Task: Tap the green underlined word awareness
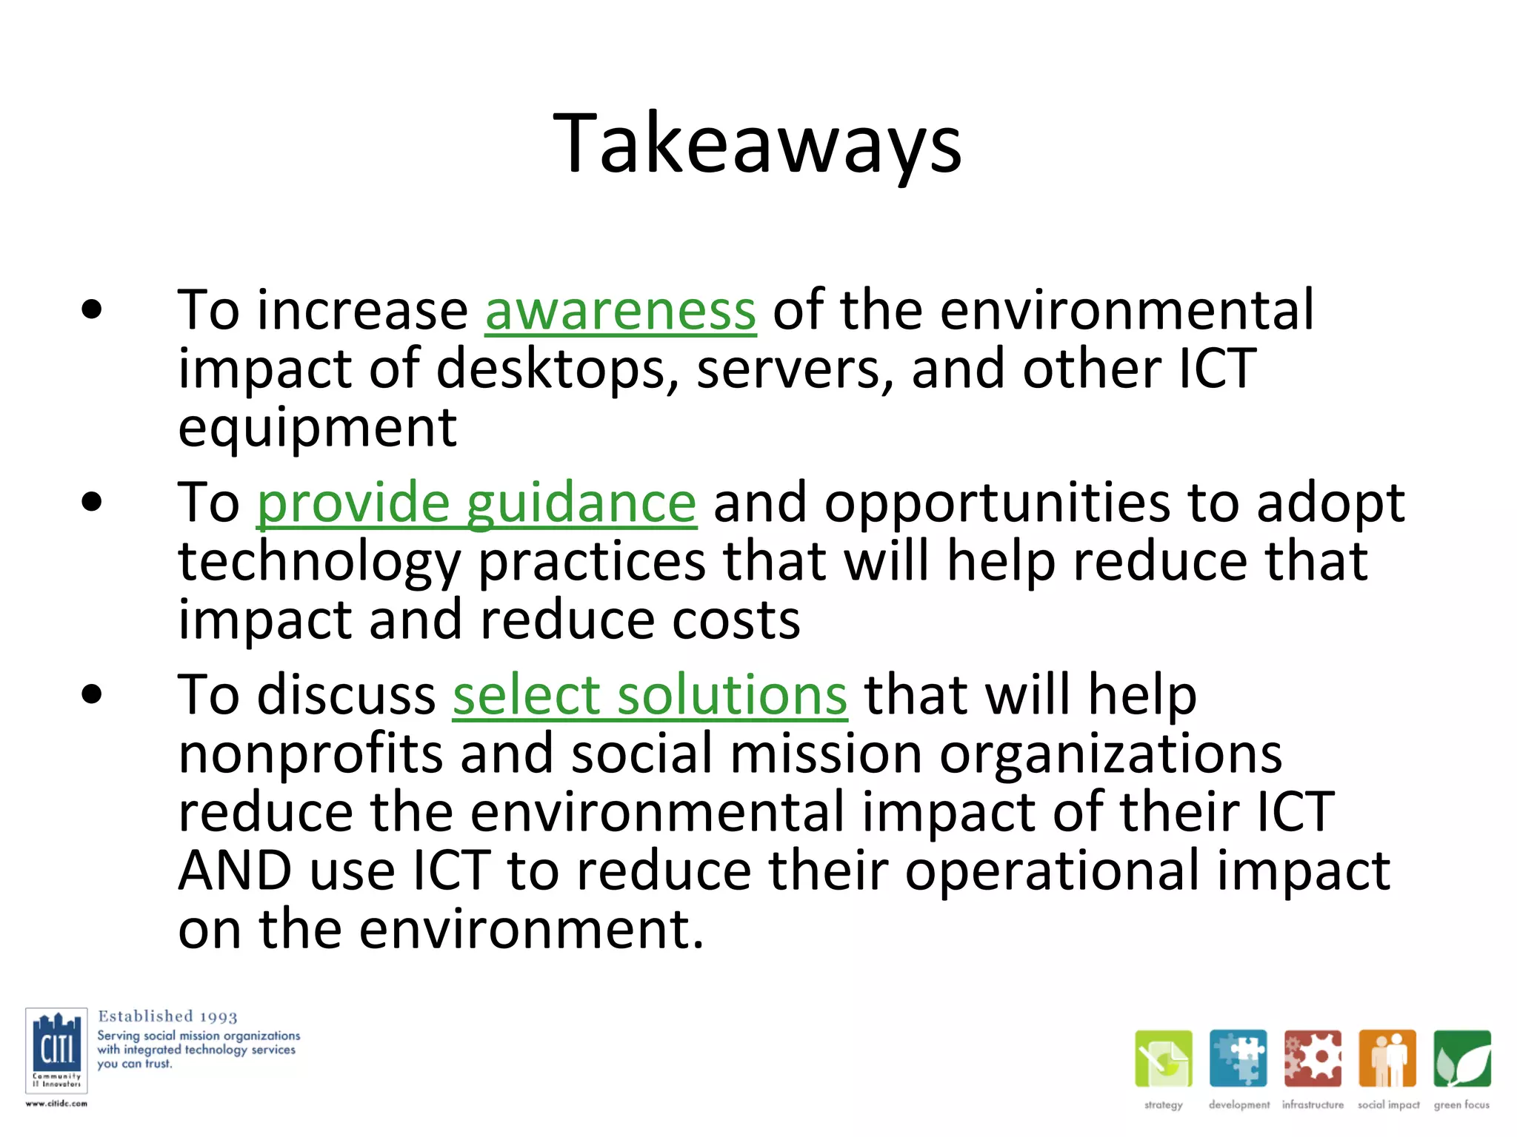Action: point(620,311)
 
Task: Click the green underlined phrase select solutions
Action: point(650,696)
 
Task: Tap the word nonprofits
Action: point(310,754)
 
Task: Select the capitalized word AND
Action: point(235,871)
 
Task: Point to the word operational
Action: point(1053,871)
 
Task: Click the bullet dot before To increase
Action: point(92,311)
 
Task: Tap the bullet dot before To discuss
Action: point(92,695)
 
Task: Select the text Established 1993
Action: point(167,1016)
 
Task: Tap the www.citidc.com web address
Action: point(56,1104)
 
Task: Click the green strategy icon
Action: point(1163,1059)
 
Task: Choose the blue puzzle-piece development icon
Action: point(1238,1059)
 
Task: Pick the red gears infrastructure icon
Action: point(1313,1059)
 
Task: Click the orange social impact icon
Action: point(1387,1059)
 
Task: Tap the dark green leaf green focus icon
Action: point(1461,1059)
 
